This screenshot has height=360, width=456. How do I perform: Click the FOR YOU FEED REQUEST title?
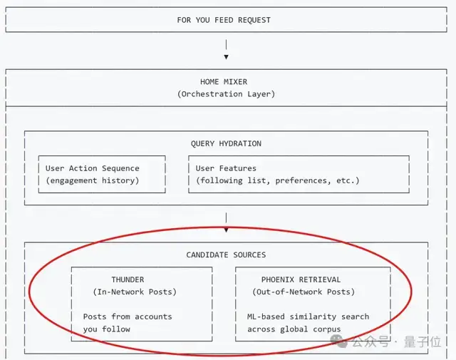click(224, 20)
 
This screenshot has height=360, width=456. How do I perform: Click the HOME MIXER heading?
click(224, 82)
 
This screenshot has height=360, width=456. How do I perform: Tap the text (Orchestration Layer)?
click(226, 94)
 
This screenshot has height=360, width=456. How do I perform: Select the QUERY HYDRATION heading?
click(226, 143)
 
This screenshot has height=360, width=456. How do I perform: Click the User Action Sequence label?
click(93, 168)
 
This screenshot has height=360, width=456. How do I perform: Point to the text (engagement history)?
click(93, 180)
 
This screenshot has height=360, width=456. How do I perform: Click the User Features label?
click(226, 168)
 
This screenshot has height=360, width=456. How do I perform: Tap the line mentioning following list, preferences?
click(278, 180)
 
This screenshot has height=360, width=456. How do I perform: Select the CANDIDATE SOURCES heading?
click(226, 254)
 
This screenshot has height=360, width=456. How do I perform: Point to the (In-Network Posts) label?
click(135, 292)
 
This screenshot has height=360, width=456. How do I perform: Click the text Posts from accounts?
click(128, 317)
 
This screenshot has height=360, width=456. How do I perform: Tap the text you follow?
click(107, 329)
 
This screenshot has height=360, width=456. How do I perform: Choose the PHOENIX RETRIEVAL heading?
click(301, 279)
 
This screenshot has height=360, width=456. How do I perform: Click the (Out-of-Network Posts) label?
click(304, 292)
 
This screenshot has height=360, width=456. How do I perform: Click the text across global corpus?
click(294, 329)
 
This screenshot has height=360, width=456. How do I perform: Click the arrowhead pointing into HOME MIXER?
click(226, 56)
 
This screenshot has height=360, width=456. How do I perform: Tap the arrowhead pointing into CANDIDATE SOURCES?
click(226, 230)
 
